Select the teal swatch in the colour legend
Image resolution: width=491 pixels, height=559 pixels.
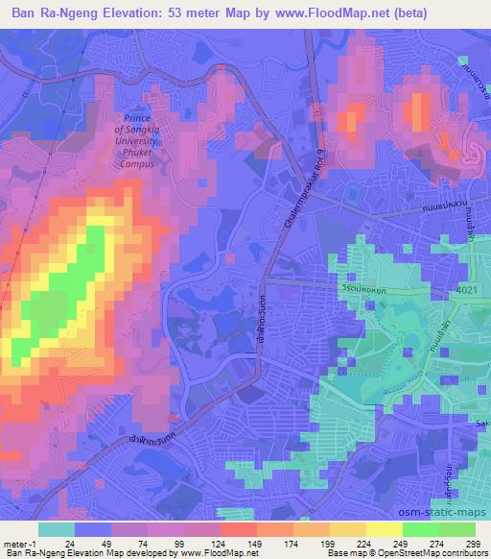[x=57, y=529]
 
